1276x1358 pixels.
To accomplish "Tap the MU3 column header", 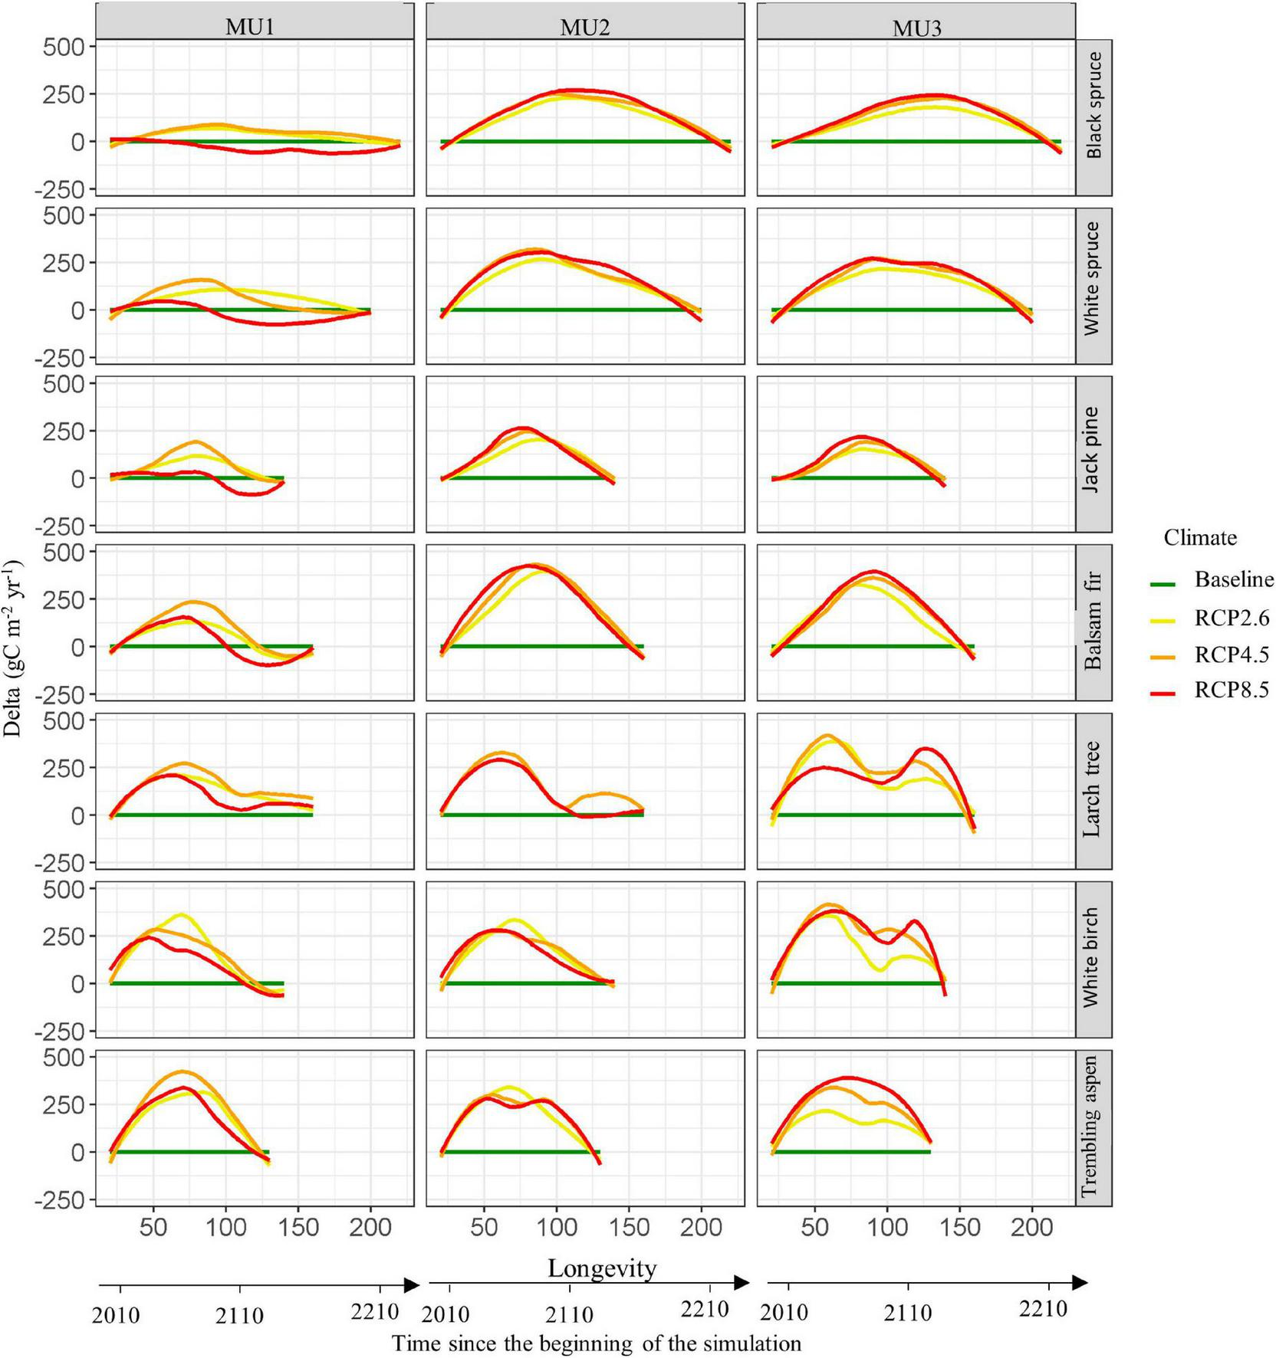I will [x=916, y=28].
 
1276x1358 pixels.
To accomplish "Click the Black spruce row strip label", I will [x=1094, y=106].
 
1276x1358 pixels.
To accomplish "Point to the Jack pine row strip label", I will [x=1094, y=450].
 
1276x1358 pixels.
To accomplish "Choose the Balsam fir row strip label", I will [x=1094, y=622].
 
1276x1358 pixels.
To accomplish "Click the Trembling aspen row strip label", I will [x=1094, y=1127].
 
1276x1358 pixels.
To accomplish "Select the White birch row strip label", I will [x=1094, y=958].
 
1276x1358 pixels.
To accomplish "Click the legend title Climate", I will [x=1200, y=537].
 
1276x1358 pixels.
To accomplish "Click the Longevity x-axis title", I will [x=602, y=1268].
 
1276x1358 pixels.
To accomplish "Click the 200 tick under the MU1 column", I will [x=370, y=1227].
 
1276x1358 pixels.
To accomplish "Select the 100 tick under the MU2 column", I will [x=557, y=1227].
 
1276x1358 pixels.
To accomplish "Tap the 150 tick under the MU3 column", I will [x=959, y=1227].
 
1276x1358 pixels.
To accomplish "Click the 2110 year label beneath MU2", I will [x=569, y=1316].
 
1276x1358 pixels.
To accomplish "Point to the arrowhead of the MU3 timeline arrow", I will [x=1080, y=1283].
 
